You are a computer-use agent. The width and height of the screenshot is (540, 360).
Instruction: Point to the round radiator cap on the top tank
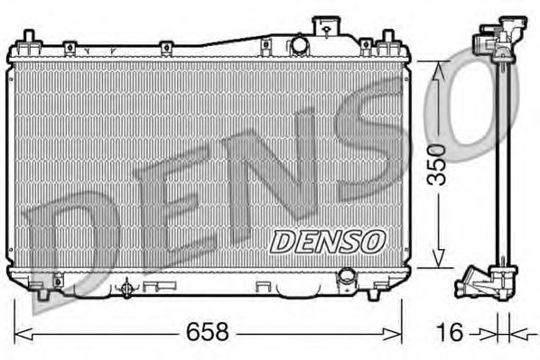(x=298, y=45)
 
